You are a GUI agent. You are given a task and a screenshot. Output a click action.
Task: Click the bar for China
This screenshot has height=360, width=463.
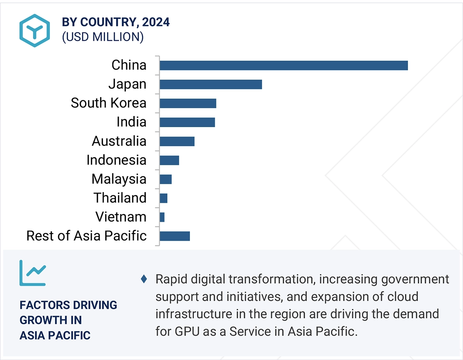coord(283,65)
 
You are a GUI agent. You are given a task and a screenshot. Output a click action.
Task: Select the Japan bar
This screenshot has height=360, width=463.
coord(211,84)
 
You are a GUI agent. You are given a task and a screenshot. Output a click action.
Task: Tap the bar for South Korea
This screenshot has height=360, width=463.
coord(188,103)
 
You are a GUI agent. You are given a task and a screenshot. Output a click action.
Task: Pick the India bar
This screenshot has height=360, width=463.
coord(187,122)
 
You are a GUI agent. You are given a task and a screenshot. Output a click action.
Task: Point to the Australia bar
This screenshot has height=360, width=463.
coord(177,141)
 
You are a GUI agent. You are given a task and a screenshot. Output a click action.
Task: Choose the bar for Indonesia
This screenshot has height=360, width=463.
coord(169,160)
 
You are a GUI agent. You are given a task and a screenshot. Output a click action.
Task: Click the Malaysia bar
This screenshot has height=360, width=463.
coord(166,179)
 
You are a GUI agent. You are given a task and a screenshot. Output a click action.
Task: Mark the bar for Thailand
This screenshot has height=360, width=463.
coord(163,198)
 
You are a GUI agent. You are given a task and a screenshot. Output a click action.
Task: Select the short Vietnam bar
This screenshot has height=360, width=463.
coord(162,217)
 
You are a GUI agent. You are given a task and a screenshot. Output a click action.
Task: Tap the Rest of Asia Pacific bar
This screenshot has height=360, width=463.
coord(175,236)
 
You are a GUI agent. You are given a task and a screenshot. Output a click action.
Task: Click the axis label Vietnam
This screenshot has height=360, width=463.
coord(121,217)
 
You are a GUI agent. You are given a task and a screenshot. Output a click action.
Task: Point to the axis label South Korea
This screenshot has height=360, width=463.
coord(108,103)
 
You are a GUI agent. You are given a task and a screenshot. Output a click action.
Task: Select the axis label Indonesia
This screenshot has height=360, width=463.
coord(116,160)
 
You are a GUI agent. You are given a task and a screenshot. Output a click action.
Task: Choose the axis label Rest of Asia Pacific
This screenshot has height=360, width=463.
coord(86,236)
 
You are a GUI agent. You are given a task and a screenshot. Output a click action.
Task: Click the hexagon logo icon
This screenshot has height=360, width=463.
coord(34,30)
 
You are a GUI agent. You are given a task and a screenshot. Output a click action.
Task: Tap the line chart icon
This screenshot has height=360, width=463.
coord(32,273)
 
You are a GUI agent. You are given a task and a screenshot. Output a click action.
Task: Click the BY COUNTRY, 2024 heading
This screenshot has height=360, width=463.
coord(116,22)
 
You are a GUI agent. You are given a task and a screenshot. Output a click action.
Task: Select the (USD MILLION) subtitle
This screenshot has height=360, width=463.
coord(102,37)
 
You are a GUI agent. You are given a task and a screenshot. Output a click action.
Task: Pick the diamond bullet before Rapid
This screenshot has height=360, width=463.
coord(144,279)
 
